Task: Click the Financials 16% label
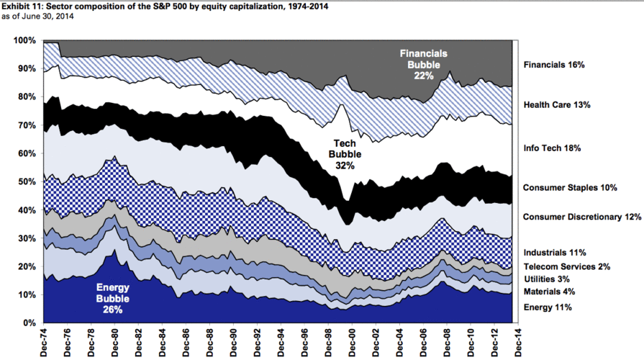click(x=554, y=65)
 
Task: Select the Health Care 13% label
click(x=557, y=105)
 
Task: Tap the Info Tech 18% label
click(x=552, y=148)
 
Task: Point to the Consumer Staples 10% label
click(x=570, y=188)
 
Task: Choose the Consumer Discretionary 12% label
click(x=581, y=217)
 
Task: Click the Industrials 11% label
click(x=555, y=253)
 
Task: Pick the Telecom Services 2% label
click(x=567, y=266)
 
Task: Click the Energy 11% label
click(x=548, y=307)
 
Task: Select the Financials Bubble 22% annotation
click(x=425, y=64)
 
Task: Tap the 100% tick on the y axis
click(x=24, y=40)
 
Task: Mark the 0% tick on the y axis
click(x=30, y=323)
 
